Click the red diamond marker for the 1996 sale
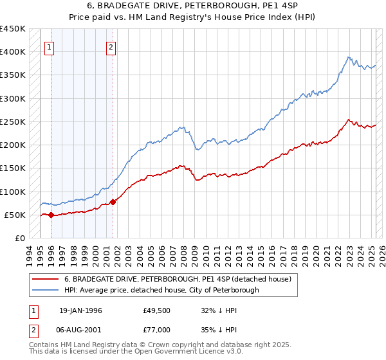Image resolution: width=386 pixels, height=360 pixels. (51, 215)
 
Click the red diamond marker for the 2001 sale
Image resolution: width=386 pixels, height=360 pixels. (113, 203)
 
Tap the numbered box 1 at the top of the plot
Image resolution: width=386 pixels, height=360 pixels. (50, 46)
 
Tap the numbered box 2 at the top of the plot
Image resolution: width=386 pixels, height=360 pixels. (111, 46)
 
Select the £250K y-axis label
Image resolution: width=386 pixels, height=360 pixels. (13, 122)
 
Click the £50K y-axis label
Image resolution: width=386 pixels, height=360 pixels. (15, 215)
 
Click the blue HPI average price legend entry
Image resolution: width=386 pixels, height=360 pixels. (161, 290)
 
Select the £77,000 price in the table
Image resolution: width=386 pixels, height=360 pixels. (156, 329)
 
